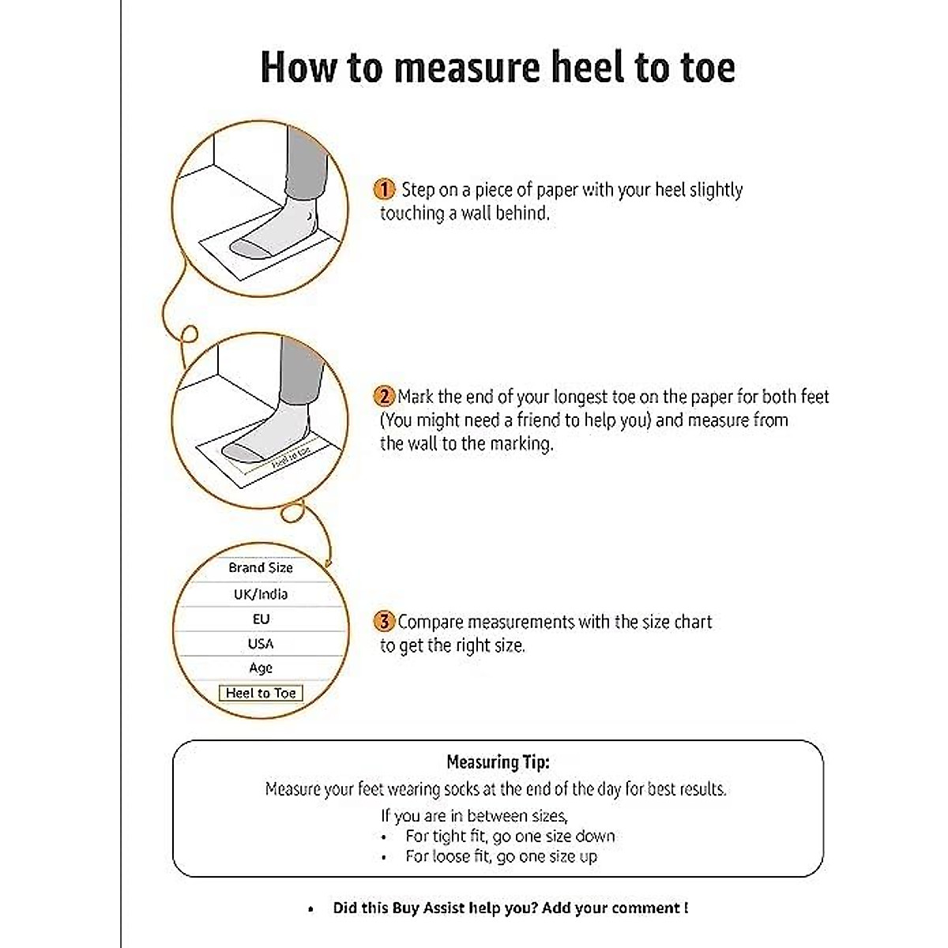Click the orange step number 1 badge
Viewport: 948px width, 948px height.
tap(384, 190)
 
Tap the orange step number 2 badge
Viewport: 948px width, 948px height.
tap(384, 397)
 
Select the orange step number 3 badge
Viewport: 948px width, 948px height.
tap(384, 622)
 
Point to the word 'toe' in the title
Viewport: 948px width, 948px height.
tap(702, 67)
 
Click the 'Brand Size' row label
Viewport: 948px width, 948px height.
tap(261, 568)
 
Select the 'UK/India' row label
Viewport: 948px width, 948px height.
tap(261, 594)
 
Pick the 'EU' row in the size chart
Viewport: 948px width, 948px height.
tap(261, 619)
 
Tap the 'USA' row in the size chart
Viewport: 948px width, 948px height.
tap(261, 644)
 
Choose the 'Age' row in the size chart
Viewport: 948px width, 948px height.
tap(261, 668)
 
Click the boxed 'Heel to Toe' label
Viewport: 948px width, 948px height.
tap(261, 694)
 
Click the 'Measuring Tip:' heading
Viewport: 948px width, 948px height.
tap(498, 762)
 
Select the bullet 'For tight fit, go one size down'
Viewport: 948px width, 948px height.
tap(510, 836)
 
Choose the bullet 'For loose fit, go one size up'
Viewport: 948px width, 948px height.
tap(501, 856)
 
